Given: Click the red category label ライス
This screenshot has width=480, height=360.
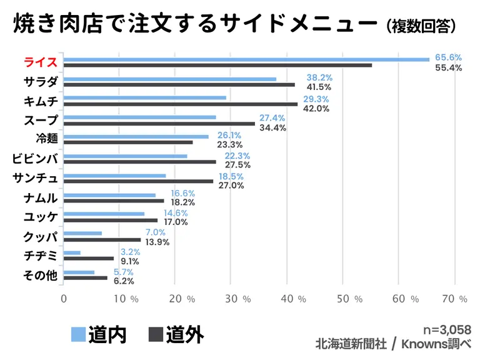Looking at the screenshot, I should coord(41,62).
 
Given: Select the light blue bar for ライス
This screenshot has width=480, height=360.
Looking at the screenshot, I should coord(246,59).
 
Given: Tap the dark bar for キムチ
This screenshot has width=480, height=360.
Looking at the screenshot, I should coord(181,104).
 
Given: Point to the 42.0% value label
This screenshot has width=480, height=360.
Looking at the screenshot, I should coord(316,109).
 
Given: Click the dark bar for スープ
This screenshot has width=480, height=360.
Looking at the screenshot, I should coord(159,123).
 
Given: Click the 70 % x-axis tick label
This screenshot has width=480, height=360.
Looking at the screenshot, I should coord(454,299).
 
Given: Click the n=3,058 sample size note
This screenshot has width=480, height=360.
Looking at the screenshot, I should coord(447,329).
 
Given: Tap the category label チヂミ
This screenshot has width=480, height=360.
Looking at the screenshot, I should coord(41,256).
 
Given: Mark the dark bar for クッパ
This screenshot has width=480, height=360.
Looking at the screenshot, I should coord(102,239).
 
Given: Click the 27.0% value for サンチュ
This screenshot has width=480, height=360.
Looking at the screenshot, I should coord(231,185).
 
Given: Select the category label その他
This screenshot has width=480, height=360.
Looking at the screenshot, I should coord(41,275).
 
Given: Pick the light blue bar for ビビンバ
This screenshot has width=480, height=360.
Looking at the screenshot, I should coord(126,156).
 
